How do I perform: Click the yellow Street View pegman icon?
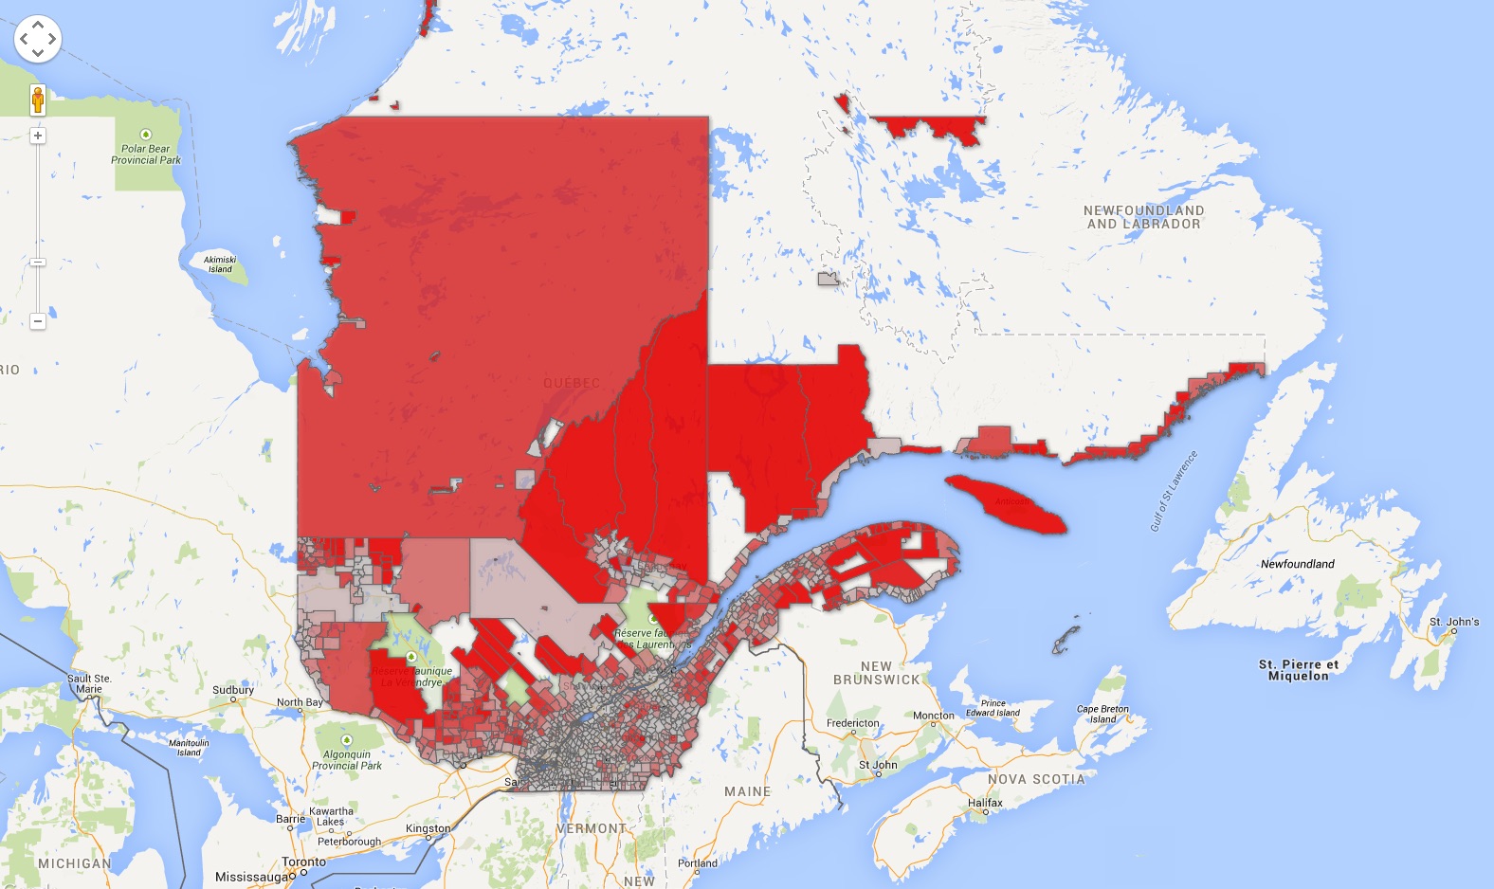38,99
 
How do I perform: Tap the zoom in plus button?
38,136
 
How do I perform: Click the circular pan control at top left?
38,39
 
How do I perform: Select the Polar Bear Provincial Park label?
146,154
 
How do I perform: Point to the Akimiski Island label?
220,263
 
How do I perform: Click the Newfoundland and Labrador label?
1143,217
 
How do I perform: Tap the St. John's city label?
1454,622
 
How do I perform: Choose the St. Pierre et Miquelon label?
1299,670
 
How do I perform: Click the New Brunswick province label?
876,673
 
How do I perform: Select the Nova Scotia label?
1036,779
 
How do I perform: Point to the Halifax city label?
985,803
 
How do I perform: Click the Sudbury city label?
233,690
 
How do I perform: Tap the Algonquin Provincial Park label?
347,760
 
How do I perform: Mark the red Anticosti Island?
1006,503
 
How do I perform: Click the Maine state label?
748,791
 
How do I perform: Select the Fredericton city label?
853,723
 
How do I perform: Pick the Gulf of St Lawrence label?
1174,491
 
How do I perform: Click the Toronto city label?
303,862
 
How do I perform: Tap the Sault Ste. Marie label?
89,683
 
